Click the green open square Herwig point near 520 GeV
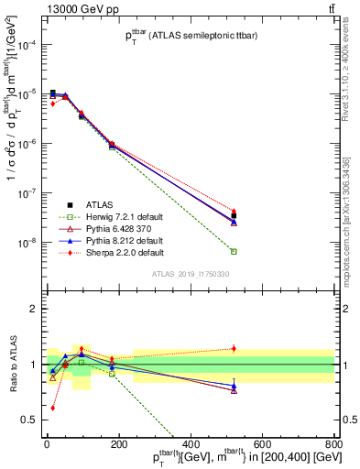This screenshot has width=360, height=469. [x=234, y=251]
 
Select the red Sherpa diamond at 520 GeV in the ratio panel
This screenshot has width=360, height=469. [x=234, y=348]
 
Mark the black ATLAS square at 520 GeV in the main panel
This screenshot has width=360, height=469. [x=234, y=216]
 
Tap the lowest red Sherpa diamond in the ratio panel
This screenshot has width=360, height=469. [x=52, y=408]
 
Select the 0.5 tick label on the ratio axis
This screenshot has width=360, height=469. [x=30, y=420]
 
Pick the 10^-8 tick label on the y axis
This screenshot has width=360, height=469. [x=27, y=243]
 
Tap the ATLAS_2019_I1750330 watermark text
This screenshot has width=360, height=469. [x=190, y=274]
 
